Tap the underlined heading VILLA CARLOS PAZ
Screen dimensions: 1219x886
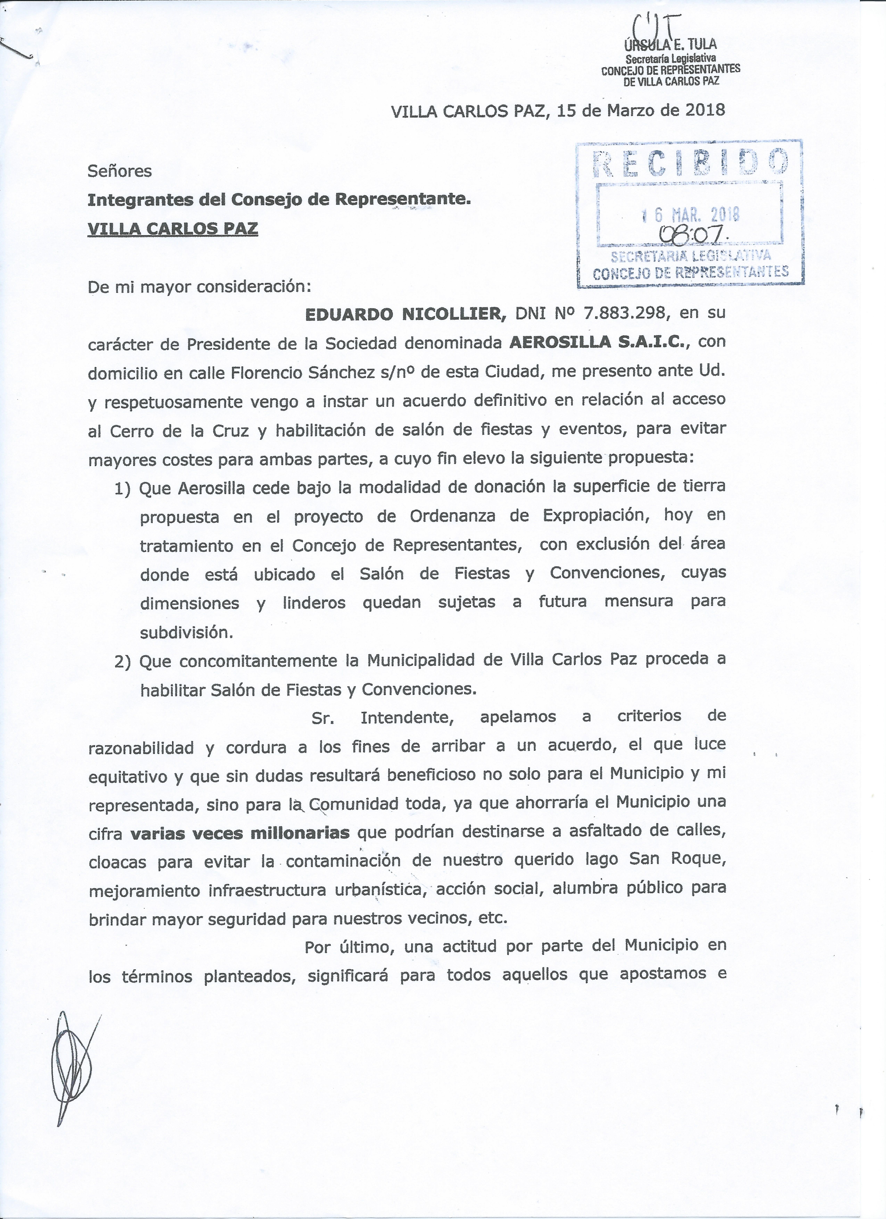pyautogui.click(x=173, y=229)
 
